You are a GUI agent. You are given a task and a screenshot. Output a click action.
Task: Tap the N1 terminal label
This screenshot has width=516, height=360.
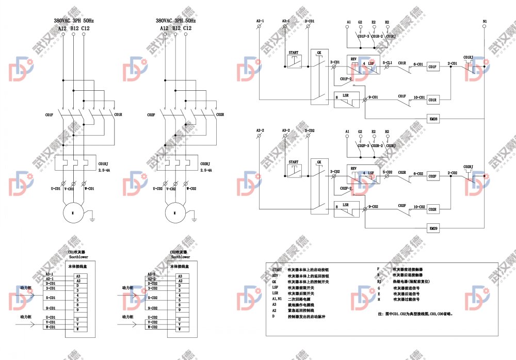(x=485, y=22)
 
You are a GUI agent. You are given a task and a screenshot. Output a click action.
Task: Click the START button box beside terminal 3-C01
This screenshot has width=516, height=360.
(x=294, y=60)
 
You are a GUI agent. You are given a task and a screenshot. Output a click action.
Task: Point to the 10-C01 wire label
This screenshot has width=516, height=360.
(x=418, y=97)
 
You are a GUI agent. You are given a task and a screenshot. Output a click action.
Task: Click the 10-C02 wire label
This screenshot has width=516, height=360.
(x=418, y=207)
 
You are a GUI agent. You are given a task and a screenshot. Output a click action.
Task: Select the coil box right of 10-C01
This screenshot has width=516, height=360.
(x=433, y=100)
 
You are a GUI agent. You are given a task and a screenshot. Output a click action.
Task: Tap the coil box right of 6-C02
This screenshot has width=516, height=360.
(x=433, y=176)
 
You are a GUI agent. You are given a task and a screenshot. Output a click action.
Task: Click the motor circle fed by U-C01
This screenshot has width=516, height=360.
(x=73, y=212)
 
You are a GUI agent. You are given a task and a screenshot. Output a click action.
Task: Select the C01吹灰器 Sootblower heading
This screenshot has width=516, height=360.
(x=79, y=254)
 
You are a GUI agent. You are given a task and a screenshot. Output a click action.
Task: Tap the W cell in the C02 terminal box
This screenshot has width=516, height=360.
(x=179, y=329)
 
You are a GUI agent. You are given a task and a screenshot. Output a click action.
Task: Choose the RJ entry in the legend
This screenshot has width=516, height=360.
(x=379, y=282)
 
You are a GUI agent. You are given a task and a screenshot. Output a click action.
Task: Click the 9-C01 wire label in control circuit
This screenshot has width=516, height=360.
(x=373, y=97)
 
